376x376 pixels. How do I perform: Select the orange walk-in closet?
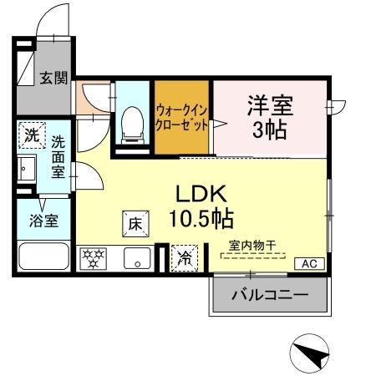pyautogui.click(x=180, y=117)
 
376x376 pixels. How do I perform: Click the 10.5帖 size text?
pyautogui.click(x=203, y=219)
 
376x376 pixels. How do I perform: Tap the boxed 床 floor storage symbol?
pyautogui.click(x=136, y=223)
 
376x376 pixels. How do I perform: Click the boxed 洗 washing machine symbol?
pyautogui.click(x=31, y=134)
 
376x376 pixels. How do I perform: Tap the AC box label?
pyautogui.click(x=308, y=264)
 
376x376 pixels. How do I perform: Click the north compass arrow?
pyautogui.click(x=309, y=354)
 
